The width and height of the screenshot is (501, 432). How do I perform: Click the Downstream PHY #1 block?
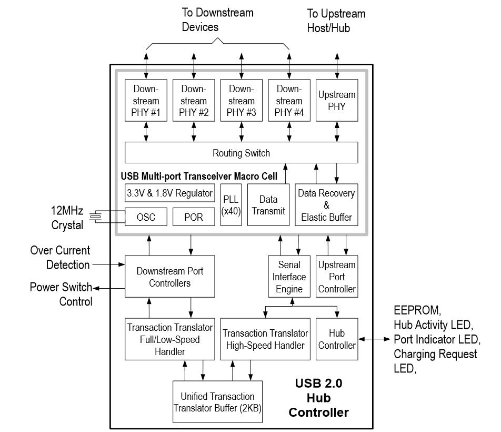(x=146, y=101)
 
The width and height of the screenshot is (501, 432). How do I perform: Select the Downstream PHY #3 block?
(x=241, y=101)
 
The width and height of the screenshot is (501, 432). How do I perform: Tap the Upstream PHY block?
(x=337, y=101)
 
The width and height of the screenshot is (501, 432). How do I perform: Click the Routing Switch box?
(x=241, y=153)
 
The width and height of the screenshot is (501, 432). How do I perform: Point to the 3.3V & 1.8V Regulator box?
(x=170, y=193)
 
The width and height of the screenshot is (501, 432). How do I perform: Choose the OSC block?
(x=146, y=217)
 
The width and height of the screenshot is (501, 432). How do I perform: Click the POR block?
(x=194, y=217)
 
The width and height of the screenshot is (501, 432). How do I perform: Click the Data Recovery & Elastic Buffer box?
(x=326, y=205)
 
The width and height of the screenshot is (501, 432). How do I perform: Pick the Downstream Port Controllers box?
(x=170, y=277)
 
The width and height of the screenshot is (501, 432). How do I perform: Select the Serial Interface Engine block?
(x=289, y=277)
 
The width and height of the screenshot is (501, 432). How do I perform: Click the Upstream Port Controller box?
(x=337, y=277)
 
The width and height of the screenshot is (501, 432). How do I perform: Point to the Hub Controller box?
(x=337, y=339)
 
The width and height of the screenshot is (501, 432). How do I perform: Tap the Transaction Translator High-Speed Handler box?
(x=265, y=339)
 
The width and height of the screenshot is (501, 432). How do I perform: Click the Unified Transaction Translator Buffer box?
(x=217, y=402)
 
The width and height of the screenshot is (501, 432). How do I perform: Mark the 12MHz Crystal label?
(x=67, y=218)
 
